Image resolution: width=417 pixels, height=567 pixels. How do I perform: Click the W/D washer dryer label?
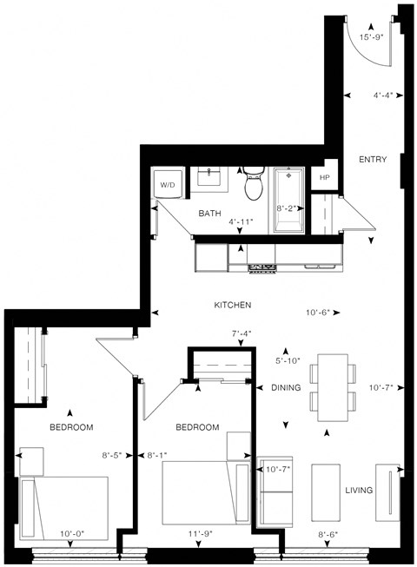click(167, 185)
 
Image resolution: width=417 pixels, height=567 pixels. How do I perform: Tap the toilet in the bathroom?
click(254, 184)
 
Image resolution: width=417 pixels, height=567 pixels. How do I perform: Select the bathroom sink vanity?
click(209, 180)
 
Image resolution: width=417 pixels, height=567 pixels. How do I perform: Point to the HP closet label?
click(325, 177)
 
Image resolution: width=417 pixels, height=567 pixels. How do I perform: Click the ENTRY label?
click(373, 159)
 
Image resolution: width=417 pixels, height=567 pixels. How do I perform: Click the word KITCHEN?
click(233, 306)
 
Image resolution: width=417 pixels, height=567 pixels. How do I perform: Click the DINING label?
click(286, 388)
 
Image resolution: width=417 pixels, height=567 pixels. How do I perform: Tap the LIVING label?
click(358, 491)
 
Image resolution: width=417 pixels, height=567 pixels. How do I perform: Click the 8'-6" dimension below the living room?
click(328, 534)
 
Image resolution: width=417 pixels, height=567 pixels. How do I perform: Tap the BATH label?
click(209, 213)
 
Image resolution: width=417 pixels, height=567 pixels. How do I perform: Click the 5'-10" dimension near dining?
click(288, 360)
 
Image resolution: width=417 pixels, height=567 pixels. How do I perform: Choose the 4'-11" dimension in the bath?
click(241, 222)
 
